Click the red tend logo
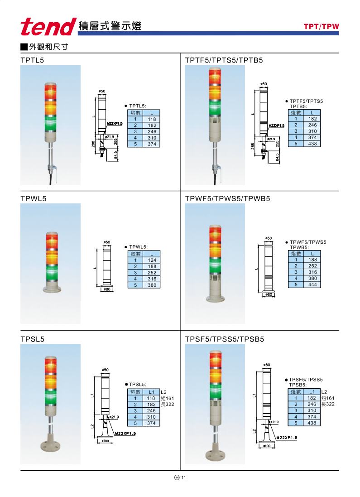(48, 27)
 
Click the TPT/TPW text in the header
(322, 27)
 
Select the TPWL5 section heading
(33, 199)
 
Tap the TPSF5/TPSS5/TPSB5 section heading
(224, 339)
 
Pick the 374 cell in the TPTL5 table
(152, 144)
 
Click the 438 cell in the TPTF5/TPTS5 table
(312, 144)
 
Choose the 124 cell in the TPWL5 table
(152, 260)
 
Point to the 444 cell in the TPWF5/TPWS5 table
(312, 285)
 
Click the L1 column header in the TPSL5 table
(152, 392)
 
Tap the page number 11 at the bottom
(184, 478)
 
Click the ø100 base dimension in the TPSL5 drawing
(105, 441)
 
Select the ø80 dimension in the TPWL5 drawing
(107, 290)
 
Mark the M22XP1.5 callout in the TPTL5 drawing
(115, 124)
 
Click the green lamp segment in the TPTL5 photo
(50, 123)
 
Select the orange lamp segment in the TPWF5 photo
(215, 250)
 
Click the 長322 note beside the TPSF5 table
(328, 404)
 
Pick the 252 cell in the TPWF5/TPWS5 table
(312, 266)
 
